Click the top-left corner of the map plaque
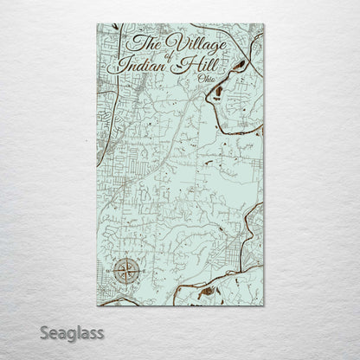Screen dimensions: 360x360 (98, 24)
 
